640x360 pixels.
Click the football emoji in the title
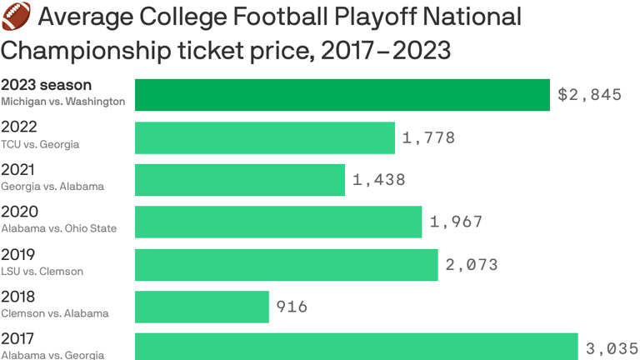pyautogui.click(x=14, y=16)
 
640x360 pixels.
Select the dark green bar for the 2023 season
pyautogui.click(x=342, y=95)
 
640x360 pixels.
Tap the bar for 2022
pyautogui.click(x=264, y=137)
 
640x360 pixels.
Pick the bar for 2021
pyautogui.click(x=239, y=180)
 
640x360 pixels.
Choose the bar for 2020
pyautogui.click(x=278, y=222)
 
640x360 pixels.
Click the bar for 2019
pyautogui.click(x=286, y=264)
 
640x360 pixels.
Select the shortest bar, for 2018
pyautogui.click(x=202, y=307)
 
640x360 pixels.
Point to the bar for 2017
pyautogui.click(x=356, y=346)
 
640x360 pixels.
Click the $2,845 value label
pyautogui.click(x=589, y=95)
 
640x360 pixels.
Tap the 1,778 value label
pyautogui.click(x=428, y=137)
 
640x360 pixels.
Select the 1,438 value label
pyautogui.click(x=379, y=180)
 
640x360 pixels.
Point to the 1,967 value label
pyautogui.click(x=456, y=222)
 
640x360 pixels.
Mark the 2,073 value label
pyautogui.click(x=472, y=265)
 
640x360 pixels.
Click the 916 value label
pyautogui.click(x=292, y=307)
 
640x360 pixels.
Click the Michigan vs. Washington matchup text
pyautogui.click(x=62, y=102)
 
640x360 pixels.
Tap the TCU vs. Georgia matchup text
pyautogui.click(x=40, y=144)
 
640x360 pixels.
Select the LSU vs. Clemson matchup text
pyautogui.click(x=42, y=271)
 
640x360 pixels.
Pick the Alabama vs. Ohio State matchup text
pyautogui.click(x=58, y=228)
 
